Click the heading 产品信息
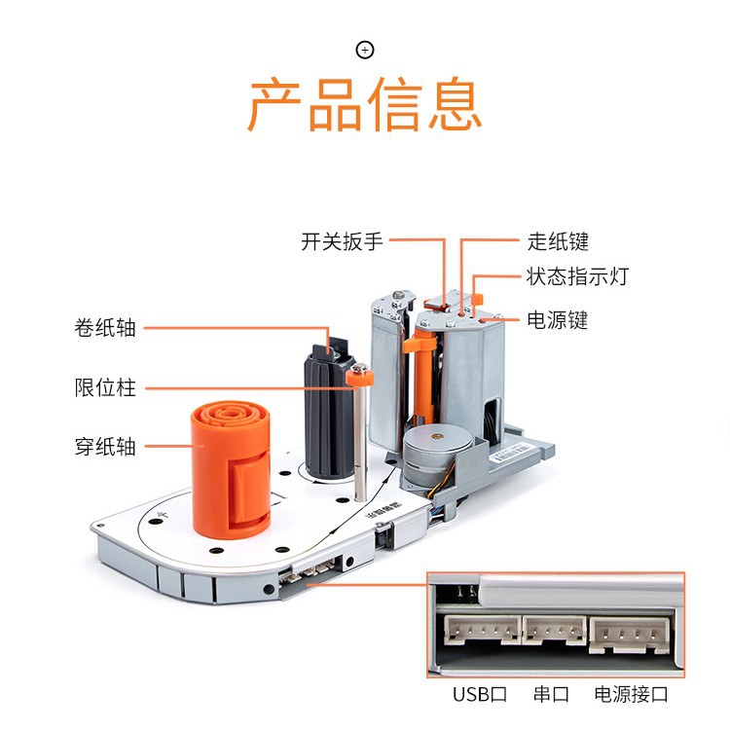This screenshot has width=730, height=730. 365,105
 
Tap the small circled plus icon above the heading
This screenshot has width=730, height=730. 365,50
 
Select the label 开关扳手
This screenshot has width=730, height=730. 342,242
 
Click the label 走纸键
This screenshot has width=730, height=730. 558,241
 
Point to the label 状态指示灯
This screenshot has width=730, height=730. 577,276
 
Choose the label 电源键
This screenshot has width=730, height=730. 557,319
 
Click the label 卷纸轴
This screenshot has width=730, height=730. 105,328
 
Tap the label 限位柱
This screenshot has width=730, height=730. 105,387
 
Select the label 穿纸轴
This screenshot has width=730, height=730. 105,447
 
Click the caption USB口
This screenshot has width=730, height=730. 480,694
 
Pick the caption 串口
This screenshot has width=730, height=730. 551,694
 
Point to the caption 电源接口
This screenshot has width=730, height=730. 631,694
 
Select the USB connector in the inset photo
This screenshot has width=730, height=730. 480,632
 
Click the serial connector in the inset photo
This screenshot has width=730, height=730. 553,632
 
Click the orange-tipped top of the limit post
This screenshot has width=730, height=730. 358,371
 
